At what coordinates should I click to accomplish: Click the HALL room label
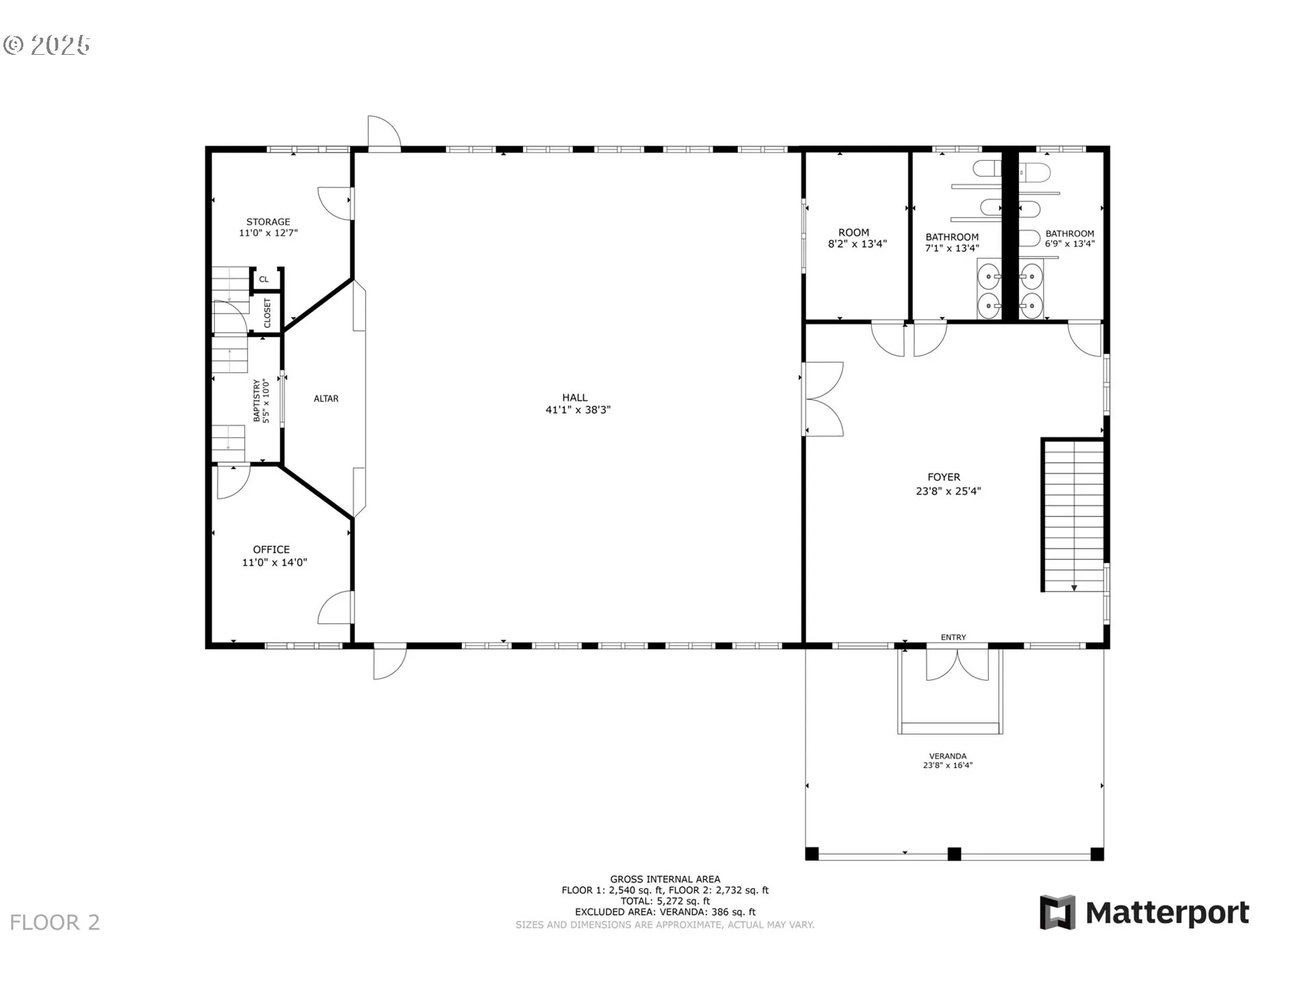point(575,397)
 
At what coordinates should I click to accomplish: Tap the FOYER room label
point(944,477)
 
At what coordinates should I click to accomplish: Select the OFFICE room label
point(272,550)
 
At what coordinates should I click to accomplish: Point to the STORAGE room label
point(268,222)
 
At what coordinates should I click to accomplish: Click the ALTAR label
point(326,399)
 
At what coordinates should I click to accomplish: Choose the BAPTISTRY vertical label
point(257,401)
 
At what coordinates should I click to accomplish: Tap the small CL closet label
point(263,279)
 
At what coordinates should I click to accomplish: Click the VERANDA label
point(948,756)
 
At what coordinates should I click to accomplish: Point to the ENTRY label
point(953,637)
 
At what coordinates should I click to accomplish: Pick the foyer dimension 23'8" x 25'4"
point(949,491)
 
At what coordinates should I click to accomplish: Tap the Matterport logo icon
point(1057,912)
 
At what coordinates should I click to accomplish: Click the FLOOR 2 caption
point(55,922)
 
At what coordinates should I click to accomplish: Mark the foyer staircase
point(1073,516)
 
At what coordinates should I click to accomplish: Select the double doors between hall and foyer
point(824,399)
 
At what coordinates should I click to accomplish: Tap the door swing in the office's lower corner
point(335,607)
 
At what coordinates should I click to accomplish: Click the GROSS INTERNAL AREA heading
point(665,879)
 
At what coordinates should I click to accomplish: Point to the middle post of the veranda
point(954,854)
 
